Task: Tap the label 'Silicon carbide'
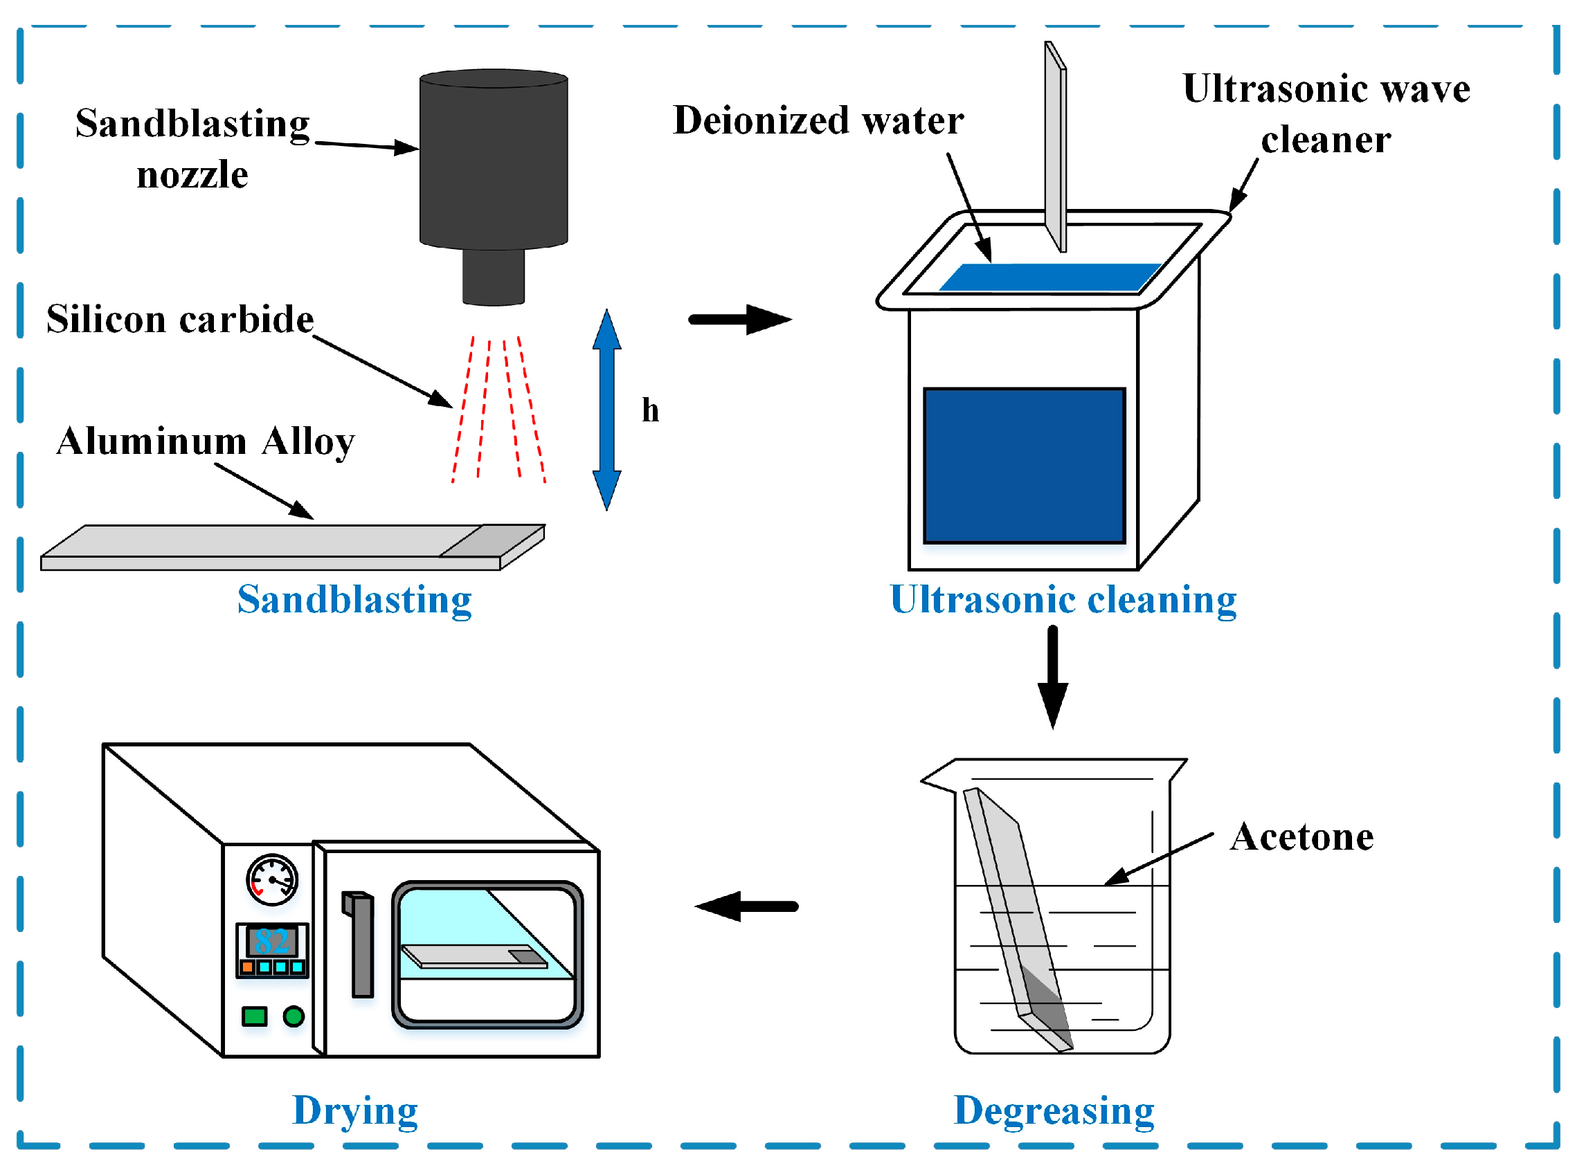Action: (180, 320)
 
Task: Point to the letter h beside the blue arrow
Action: (650, 410)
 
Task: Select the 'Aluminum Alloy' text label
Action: (206, 441)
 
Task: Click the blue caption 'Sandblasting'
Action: (354, 599)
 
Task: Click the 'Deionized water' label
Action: (818, 120)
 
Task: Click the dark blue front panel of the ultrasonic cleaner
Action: (1024, 466)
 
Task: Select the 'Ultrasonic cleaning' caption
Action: (1063, 599)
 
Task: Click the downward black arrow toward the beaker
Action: (1053, 677)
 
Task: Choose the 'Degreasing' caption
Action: (1054, 1110)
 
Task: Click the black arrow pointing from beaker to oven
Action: (747, 906)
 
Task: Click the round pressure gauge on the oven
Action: (272, 879)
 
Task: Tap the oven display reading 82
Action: (272, 941)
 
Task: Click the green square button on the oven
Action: (254, 1016)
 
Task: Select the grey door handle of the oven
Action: (361, 946)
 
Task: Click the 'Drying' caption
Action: (355, 1110)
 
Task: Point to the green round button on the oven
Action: (294, 1016)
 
